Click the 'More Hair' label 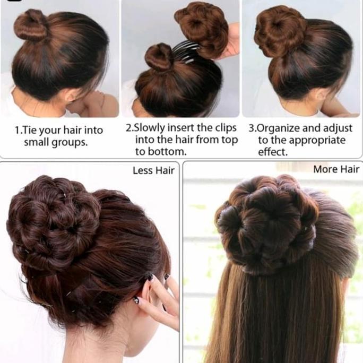point(336,169)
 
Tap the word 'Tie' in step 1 point(31,130)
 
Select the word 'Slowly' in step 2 point(150,128)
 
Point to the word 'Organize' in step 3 point(279,128)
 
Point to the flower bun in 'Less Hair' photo point(53,219)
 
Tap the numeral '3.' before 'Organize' point(252,128)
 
